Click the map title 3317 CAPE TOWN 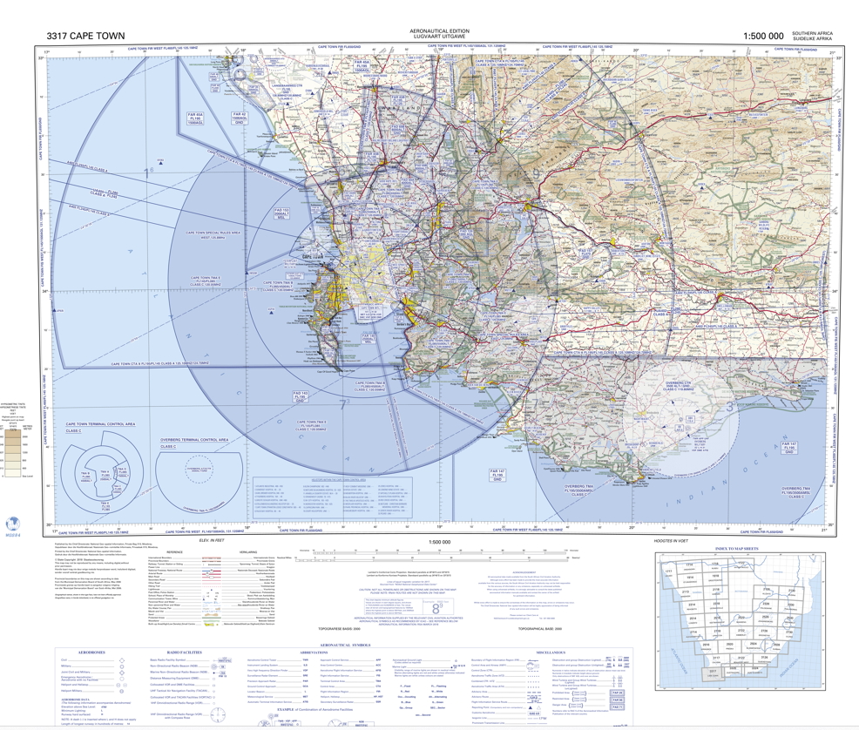coord(86,36)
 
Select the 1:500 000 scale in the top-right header coord(762,36)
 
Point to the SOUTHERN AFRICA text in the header coord(812,32)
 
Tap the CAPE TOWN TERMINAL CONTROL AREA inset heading coord(100,424)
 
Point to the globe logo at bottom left coord(12,524)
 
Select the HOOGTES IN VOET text coord(676,541)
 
